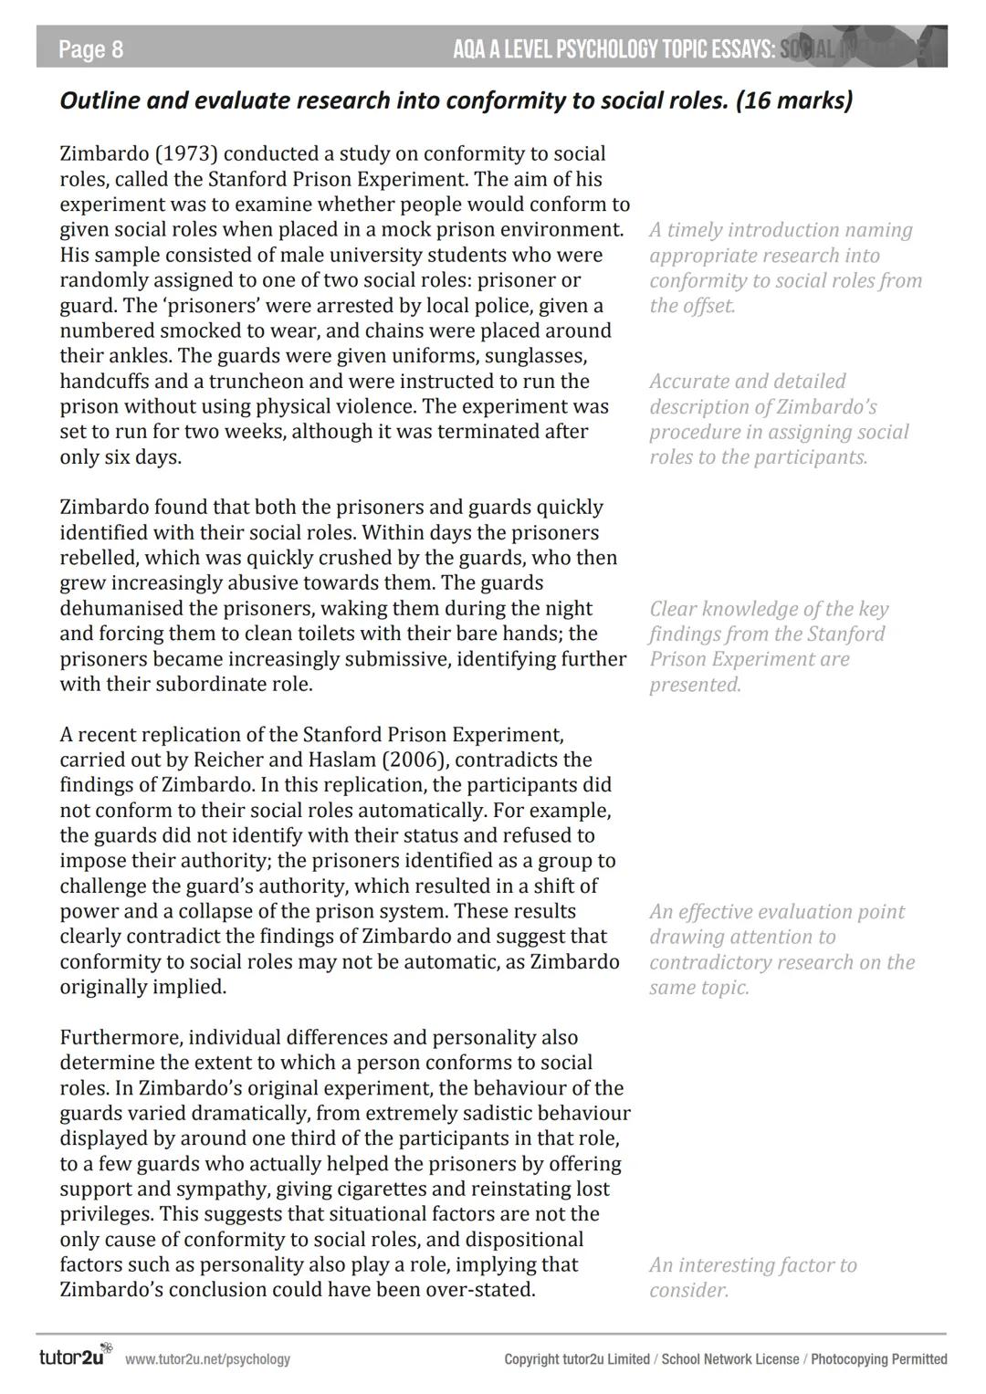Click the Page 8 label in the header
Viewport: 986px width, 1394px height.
(x=90, y=48)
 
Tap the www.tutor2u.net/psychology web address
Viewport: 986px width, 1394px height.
(x=207, y=1359)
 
